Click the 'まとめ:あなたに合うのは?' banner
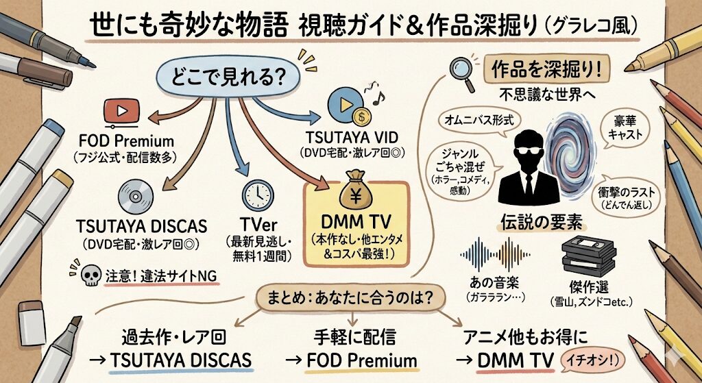pos(350,299)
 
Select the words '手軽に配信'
pos(352,336)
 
